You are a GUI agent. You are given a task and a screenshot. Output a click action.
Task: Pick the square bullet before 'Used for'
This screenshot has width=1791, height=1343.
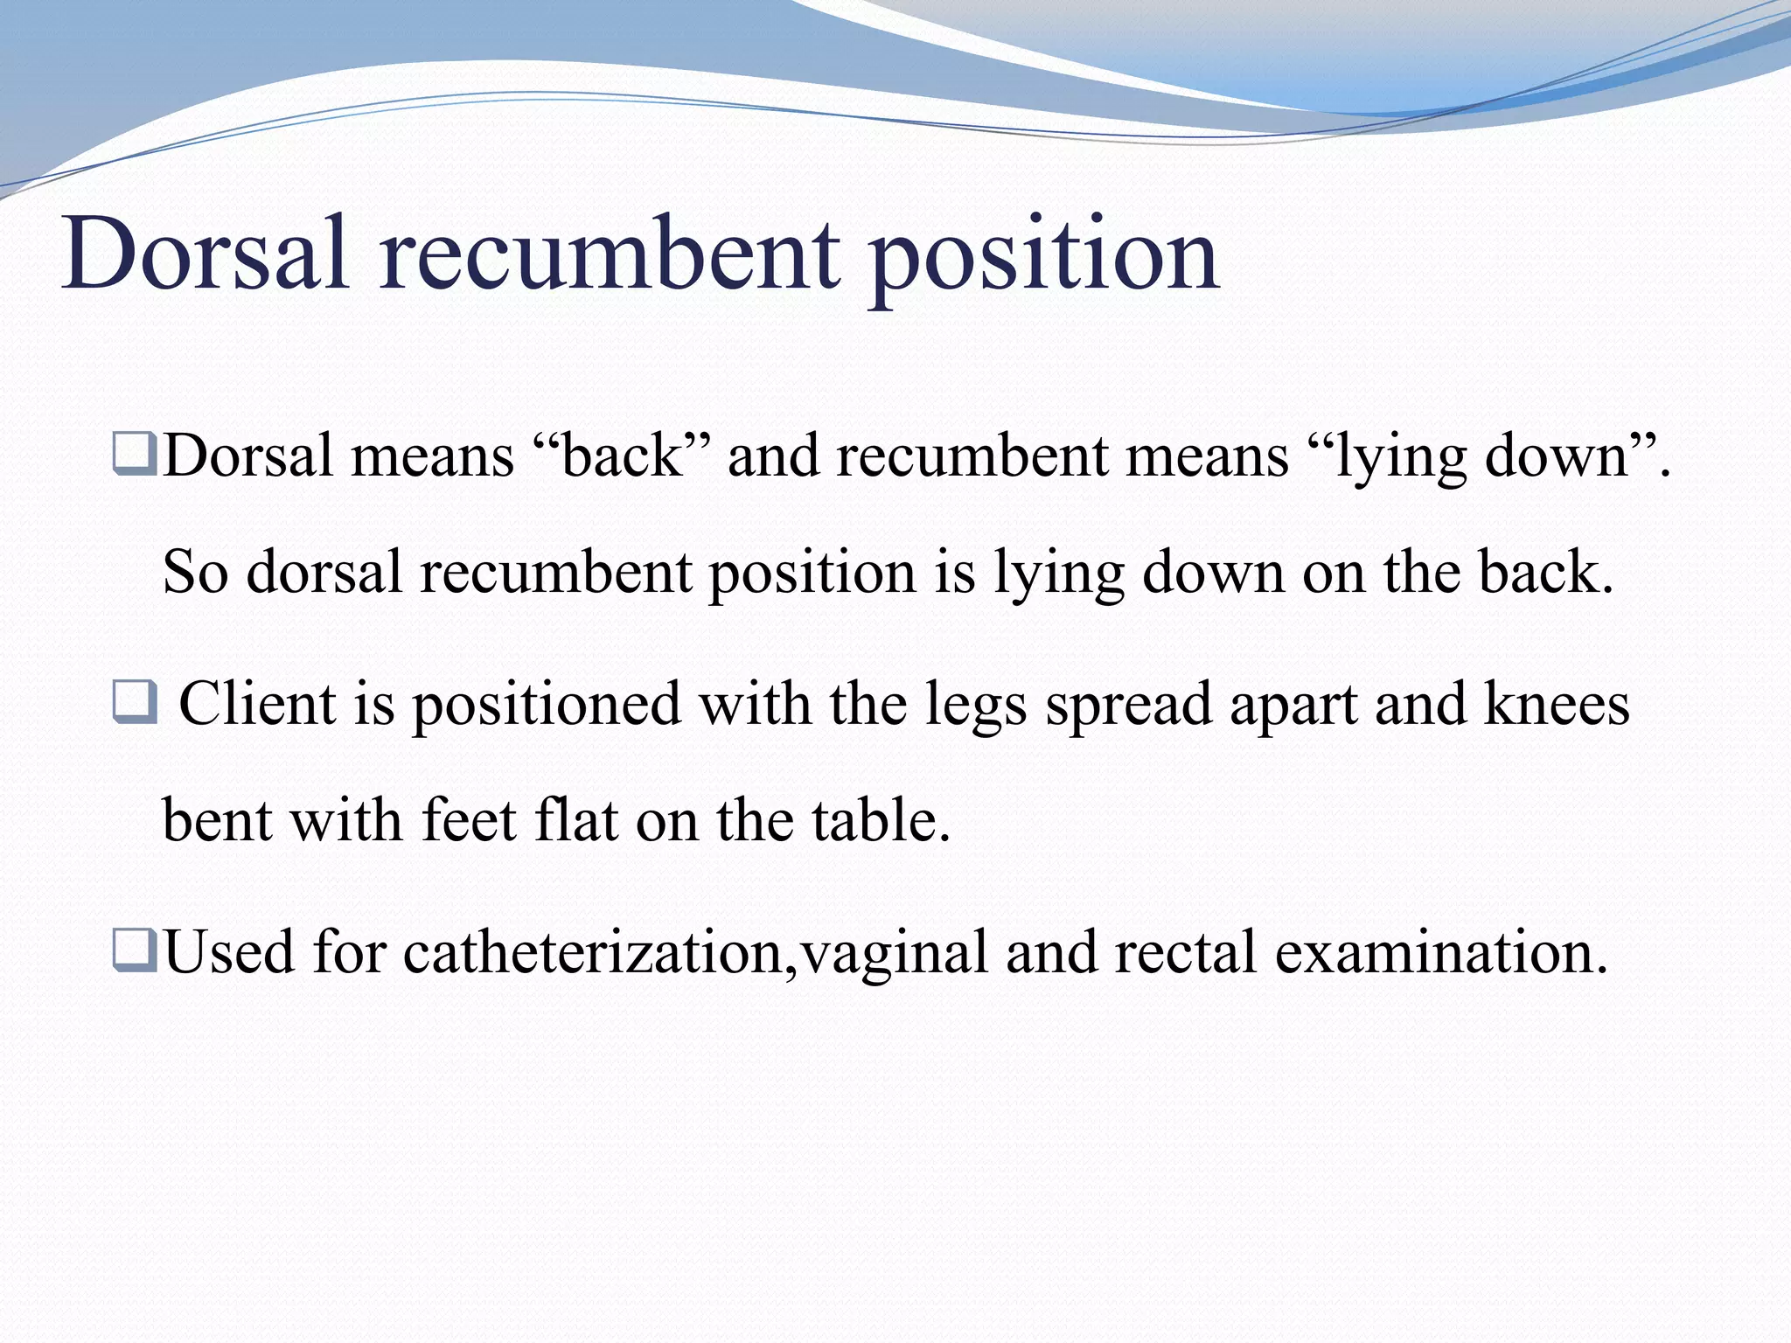pyautogui.click(x=134, y=951)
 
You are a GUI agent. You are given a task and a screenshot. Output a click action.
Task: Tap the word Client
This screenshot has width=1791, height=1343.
pyautogui.click(x=257, y=704)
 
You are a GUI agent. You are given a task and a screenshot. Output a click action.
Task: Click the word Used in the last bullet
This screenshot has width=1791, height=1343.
pyautogui.click(x=229, y=951)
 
